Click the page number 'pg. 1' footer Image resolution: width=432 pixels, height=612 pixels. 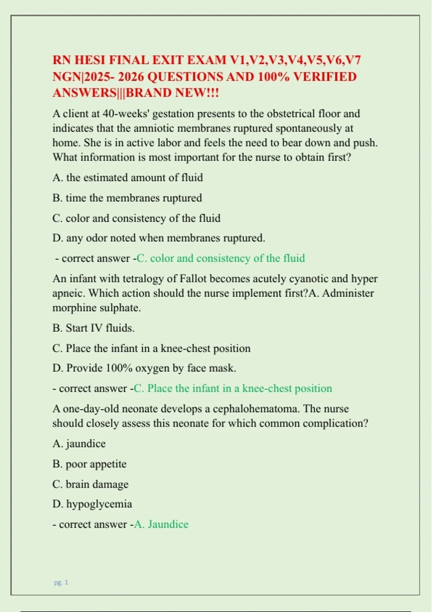point(61,582)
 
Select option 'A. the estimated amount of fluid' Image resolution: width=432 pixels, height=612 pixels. point(127,177)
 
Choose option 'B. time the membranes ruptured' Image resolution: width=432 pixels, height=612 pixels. point(127,198)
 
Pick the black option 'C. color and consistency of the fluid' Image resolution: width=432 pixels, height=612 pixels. point(136,218)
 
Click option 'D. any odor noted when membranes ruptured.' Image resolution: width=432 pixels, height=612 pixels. point(158,238)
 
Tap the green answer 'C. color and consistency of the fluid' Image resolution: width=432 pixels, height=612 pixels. point(221,258)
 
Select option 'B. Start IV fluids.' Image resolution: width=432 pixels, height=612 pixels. point(93,328)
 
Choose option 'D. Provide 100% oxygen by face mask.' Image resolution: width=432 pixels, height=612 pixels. point(144,368)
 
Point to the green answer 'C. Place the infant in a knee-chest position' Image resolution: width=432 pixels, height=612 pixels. point(233,388)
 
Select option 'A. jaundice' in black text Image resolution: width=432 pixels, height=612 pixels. point(79,444)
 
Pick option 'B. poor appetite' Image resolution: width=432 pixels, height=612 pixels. point(89,464)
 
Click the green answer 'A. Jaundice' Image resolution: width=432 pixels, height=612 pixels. point(161,524)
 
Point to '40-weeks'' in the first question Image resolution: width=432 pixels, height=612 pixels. point(123,114)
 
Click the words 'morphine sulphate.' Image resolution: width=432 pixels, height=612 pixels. point(96,308)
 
